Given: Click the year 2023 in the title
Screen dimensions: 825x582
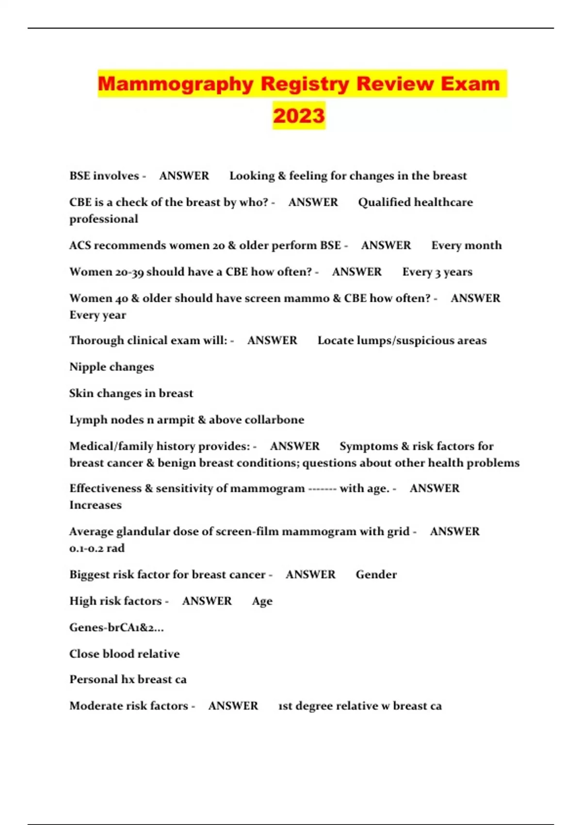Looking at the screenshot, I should click(x=299, y=115).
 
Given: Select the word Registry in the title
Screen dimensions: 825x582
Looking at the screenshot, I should click(x=305, y=83).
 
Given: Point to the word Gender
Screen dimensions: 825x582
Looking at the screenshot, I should click(x=376, y=575).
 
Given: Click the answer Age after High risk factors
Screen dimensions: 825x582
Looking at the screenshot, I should click(x=262, y=601).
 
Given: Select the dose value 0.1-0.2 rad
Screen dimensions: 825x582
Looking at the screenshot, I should click(x=97, y=548).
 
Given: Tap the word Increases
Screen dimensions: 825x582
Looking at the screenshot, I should click(x=96, y=505).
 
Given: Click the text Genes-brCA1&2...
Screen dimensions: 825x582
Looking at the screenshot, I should click(x=116, y=627).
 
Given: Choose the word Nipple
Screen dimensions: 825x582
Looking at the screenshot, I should click(x=87, y=367).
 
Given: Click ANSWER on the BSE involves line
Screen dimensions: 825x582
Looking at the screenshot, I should click(x=184, y=176).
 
